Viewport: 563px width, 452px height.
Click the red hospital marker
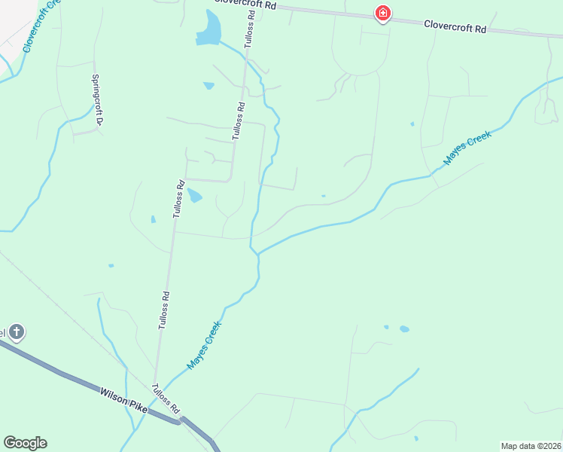pyautogui.click(x=383, y=13)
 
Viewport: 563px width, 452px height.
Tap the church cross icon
pyautogui.click(x=17, y=331)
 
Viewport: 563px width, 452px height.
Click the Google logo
pyautogui.click(x=25, y=443)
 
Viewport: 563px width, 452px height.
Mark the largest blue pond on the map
pyautogui.click(x=208, y=29)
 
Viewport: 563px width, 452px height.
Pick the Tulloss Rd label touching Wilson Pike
pyautogui.click(x=165, y=399)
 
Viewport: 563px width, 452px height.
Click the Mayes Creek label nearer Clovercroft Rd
pyautogui.click(x=467, y=148)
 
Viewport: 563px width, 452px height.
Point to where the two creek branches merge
pyautogui.click(x=257, y=254)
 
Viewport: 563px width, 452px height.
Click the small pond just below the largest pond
pyautogui.click(x=208, y=85)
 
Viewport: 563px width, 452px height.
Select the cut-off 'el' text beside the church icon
pyautogui.click(x=3, y=332)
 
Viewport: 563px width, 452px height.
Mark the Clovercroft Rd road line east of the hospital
pyautogui.click(x=519, y=32)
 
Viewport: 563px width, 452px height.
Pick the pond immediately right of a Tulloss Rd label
pyautogui.click(x=194, y=196)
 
